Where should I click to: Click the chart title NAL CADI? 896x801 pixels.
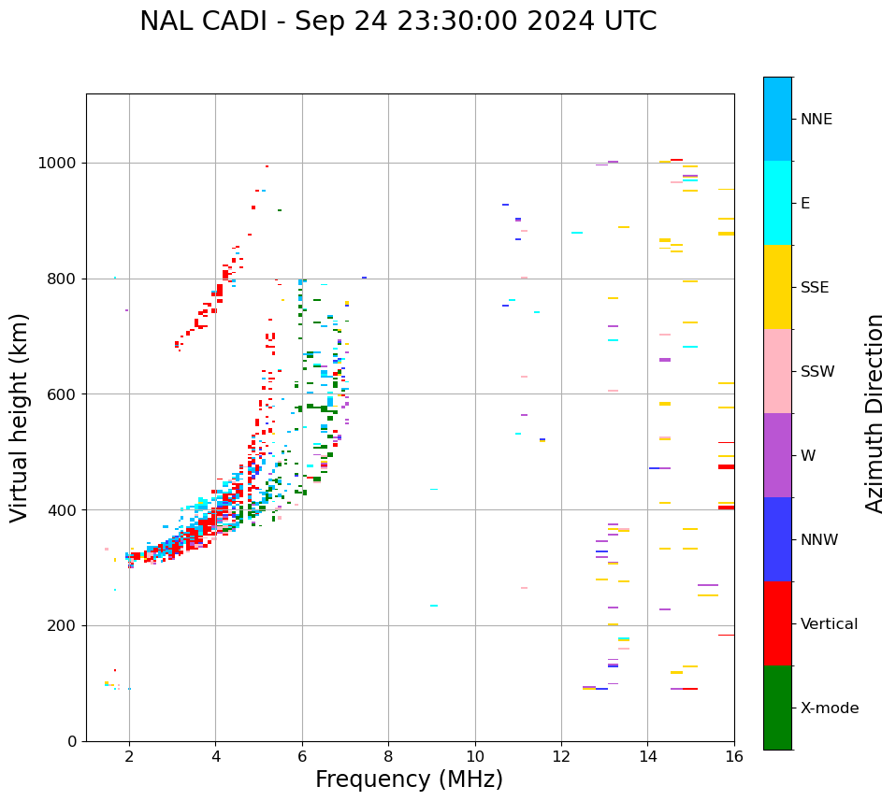coord(397,21)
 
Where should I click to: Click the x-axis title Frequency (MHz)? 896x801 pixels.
coord(409,780)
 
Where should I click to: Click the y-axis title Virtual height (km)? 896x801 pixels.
coord(20,418)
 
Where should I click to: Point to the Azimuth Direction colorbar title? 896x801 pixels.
coord(874,413)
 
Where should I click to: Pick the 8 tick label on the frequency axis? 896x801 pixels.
coord(388,756)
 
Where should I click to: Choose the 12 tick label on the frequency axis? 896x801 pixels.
coord(561,756)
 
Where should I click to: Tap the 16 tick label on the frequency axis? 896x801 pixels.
coord(734,756)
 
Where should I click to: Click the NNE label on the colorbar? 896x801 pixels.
coord(816,120)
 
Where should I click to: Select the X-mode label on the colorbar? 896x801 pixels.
coord(829,708)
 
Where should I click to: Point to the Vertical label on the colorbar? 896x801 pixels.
coord(829,624)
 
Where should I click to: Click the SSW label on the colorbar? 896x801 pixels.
coord(817,372)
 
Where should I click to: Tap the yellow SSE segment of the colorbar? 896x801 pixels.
coord(777,287)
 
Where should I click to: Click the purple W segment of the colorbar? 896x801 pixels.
coord(777,455)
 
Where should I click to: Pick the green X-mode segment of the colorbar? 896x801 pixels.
coord(777,708)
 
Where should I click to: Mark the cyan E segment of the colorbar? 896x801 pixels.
coord(777,203)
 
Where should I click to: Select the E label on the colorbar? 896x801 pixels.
coord(805,204)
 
